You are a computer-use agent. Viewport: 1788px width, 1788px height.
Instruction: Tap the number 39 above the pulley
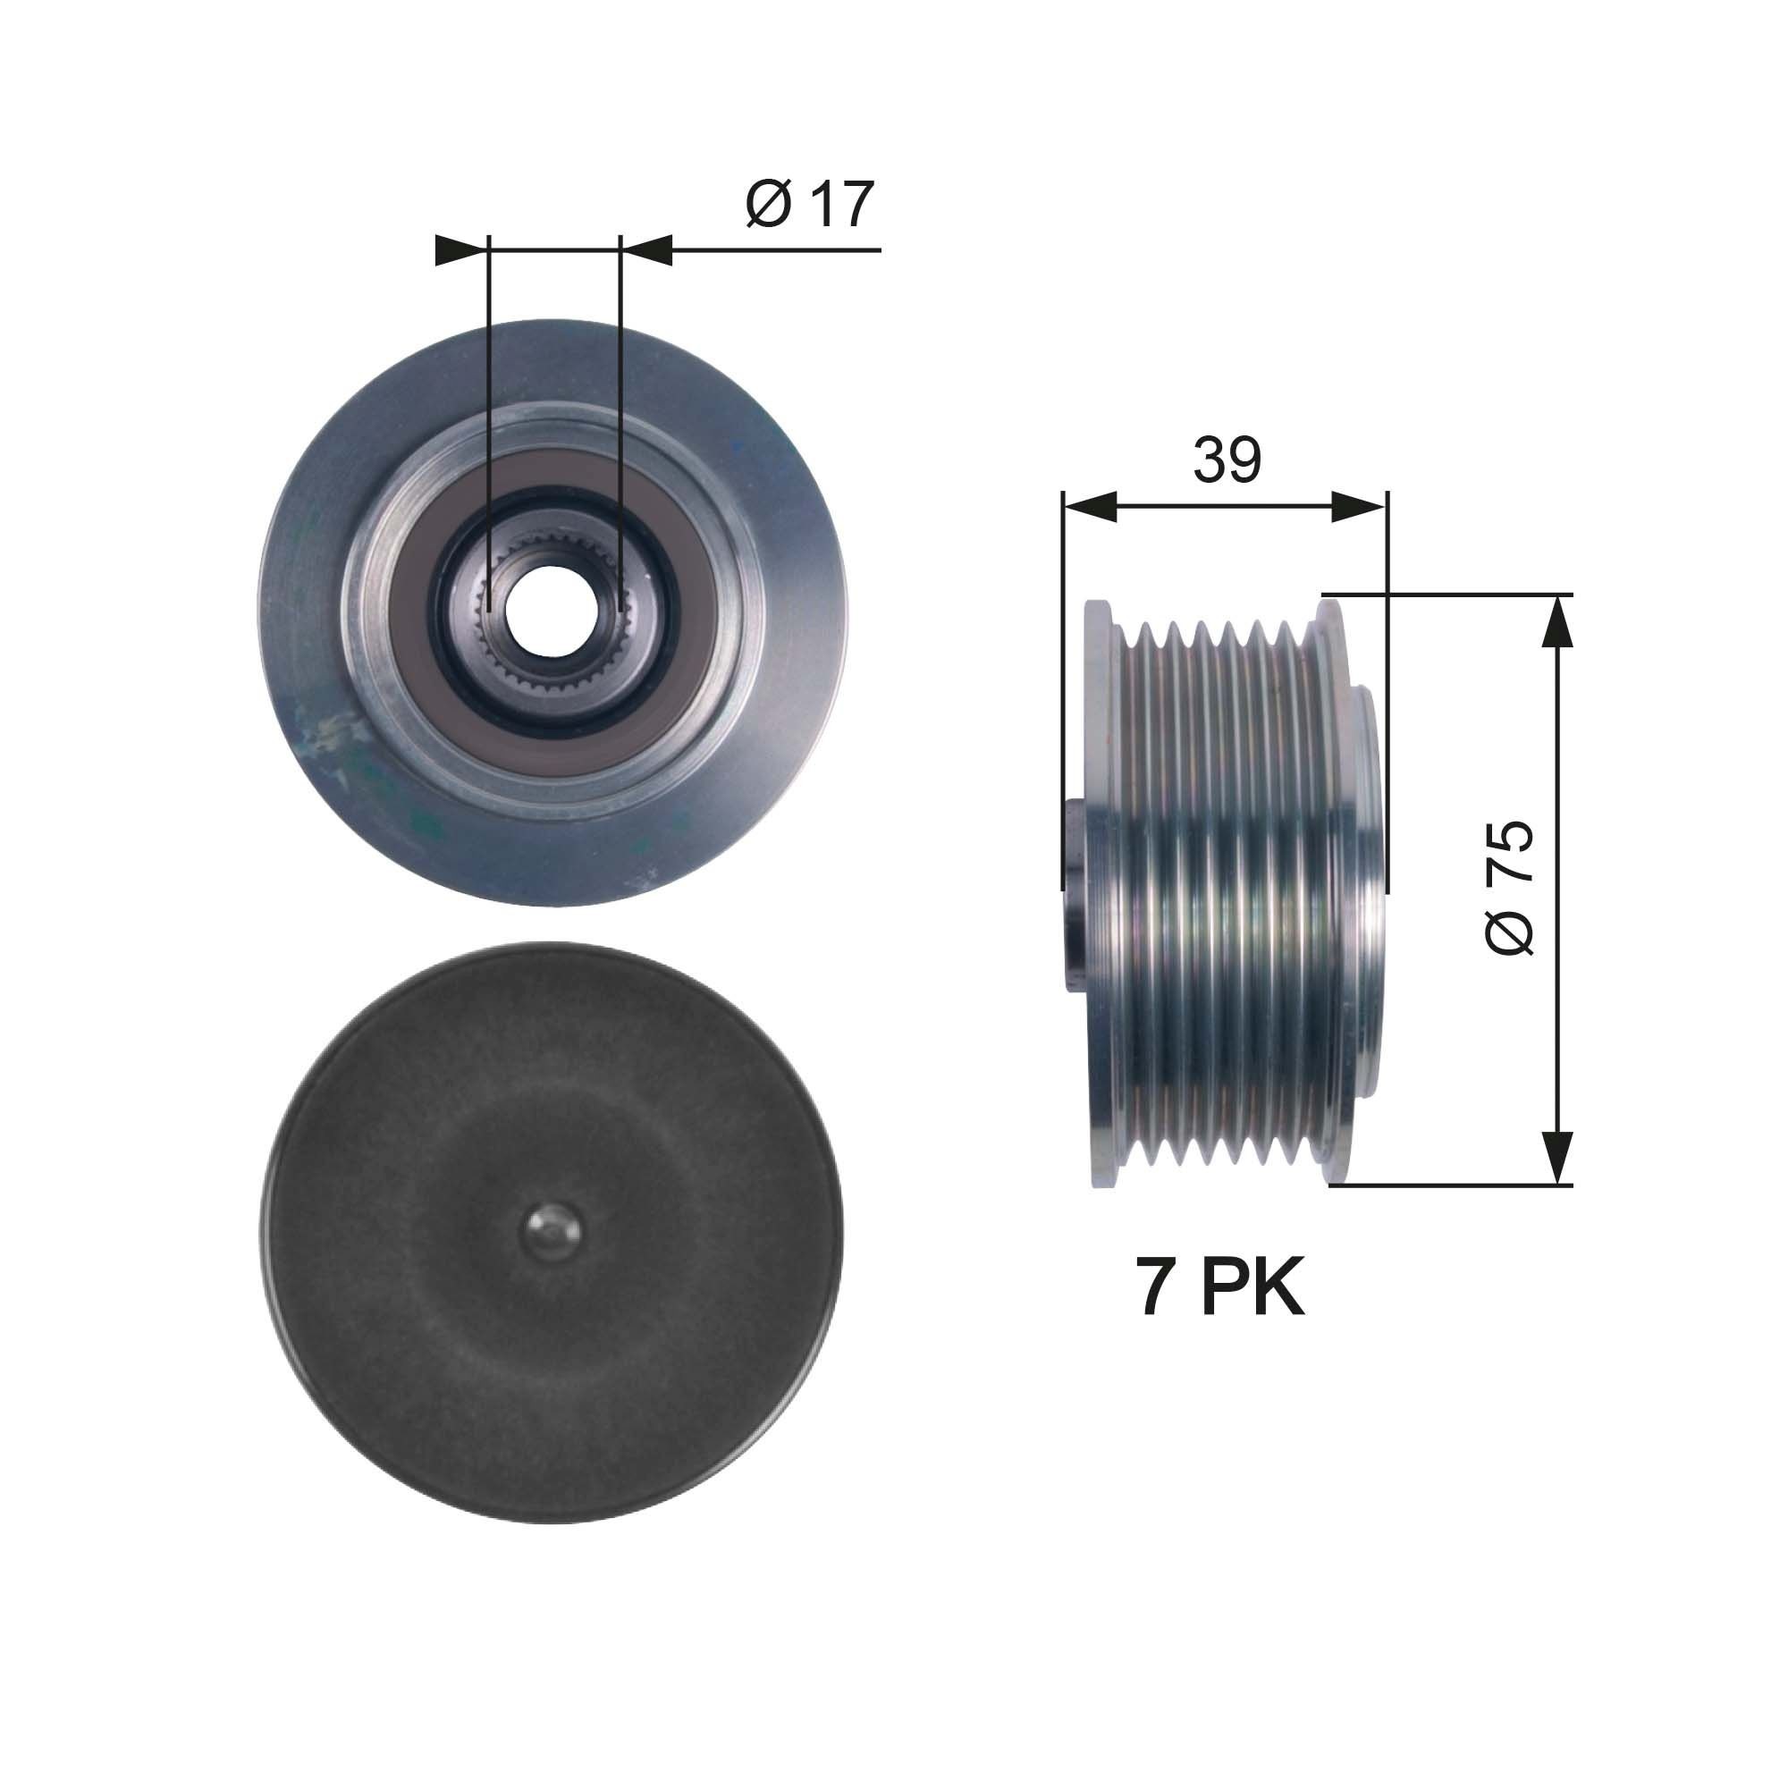(1227, 460)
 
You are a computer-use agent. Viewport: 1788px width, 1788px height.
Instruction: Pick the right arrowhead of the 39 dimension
(1362, 506)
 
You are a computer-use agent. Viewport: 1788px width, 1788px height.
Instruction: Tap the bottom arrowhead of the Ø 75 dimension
(1558, 1157)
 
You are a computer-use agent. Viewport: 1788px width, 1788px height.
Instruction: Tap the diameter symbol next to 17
(767, 206)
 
